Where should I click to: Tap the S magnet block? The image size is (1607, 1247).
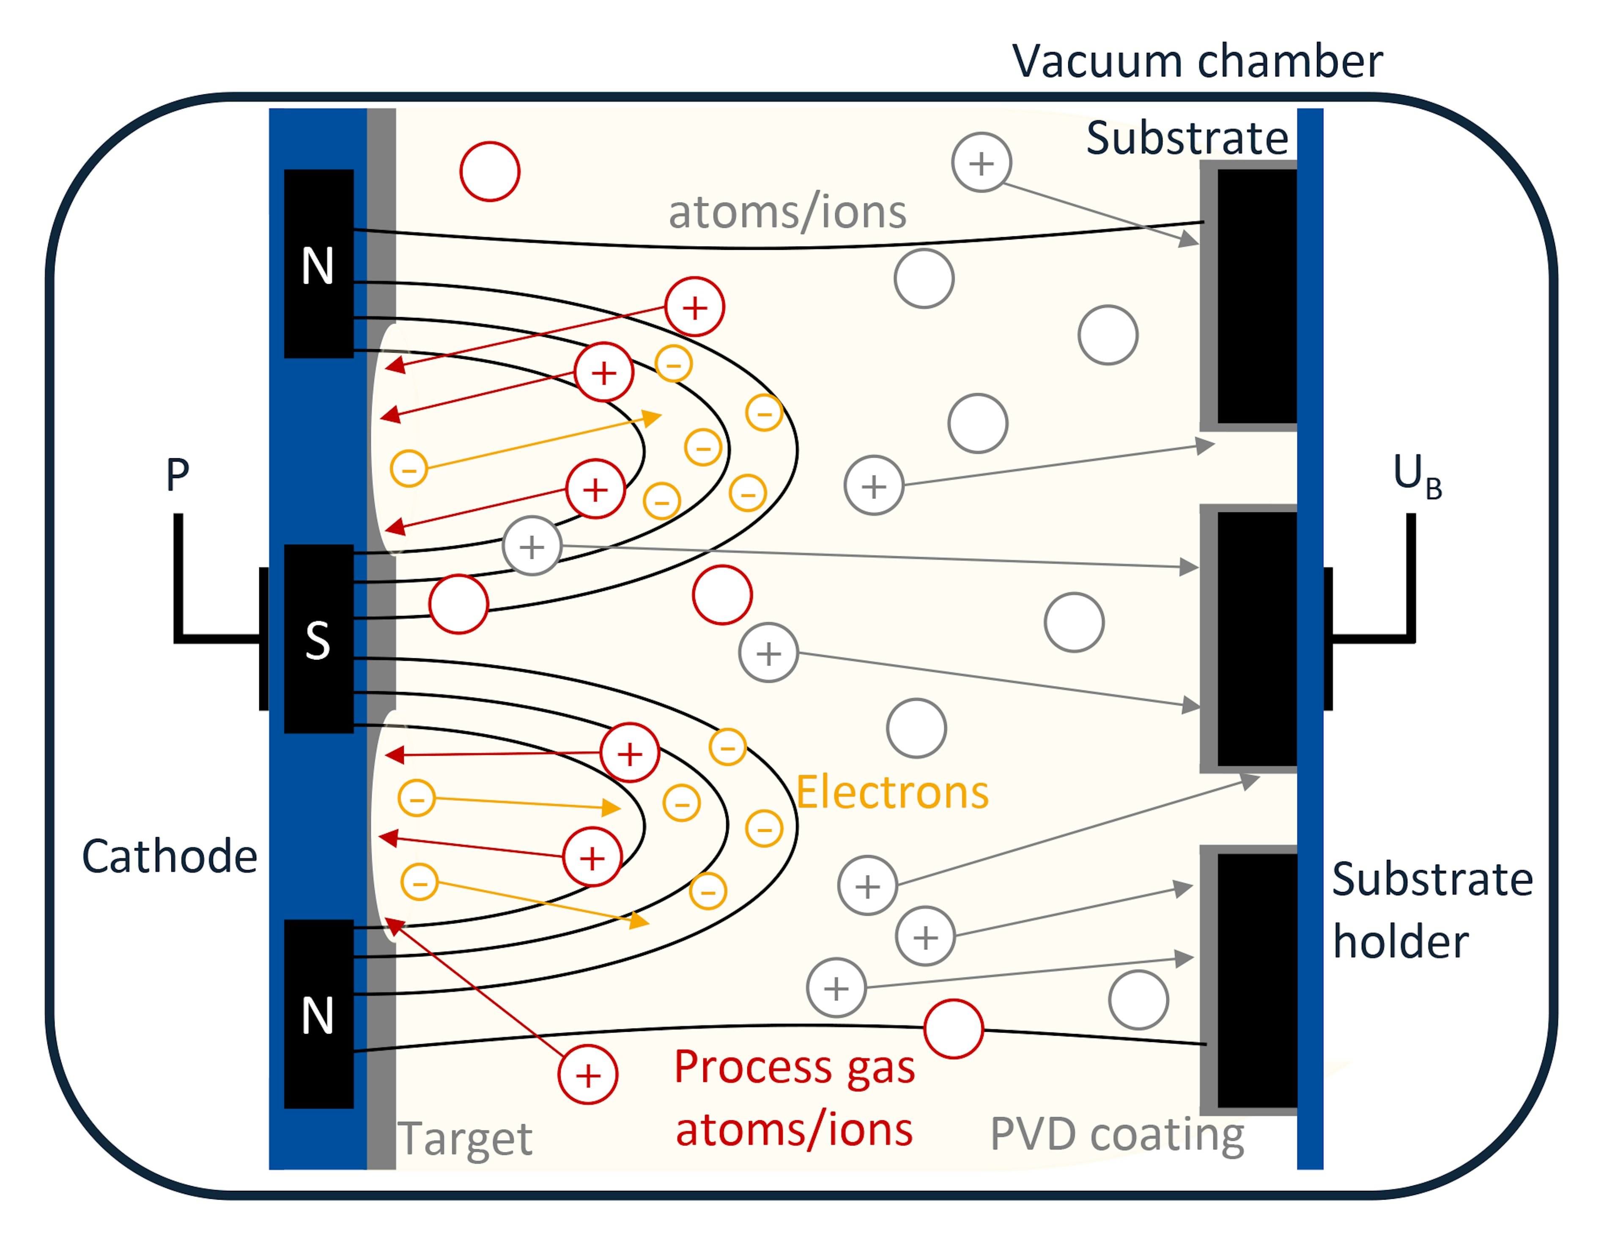coord(318,639)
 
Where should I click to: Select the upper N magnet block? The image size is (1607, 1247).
coord(318,263)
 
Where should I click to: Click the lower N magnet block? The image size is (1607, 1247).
coord(318,1014)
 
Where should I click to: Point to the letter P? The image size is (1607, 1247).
coord(177,475)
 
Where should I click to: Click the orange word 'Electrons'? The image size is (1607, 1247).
coord(892,792)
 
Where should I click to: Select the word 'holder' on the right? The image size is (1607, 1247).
coord(1400,942)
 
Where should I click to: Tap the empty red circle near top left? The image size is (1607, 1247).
coord(490,172)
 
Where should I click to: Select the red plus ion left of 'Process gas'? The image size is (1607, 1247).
coord(587,1075)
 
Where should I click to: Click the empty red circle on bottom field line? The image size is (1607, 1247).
coord(953,1028)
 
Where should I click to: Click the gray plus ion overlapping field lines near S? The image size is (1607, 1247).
coord(532,546)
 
